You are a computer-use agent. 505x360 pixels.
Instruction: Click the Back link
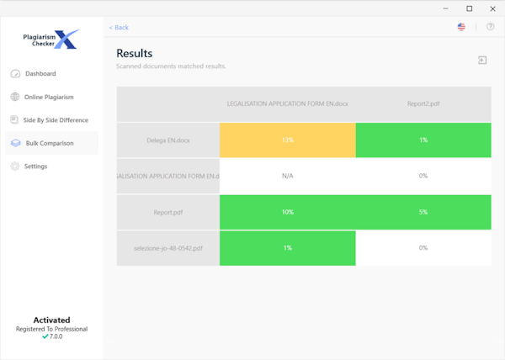coord(119,27)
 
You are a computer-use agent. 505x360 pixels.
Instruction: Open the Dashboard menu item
coord(40,74)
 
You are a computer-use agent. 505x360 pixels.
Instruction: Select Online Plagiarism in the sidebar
coord(49,97)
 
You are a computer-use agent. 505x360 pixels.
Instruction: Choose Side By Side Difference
coord(55,120)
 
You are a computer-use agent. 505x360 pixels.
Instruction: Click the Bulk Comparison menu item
coord(49,143)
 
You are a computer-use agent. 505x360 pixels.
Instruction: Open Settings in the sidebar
coord(35,167)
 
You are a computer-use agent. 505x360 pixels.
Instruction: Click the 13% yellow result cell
coord(287,140)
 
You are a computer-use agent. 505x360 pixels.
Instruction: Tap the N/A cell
coord(287,176)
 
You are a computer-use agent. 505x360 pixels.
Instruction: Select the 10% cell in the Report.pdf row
coord(287,212)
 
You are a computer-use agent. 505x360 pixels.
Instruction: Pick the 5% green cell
coord(423,212)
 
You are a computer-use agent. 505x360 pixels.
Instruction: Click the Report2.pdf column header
coord(423,103)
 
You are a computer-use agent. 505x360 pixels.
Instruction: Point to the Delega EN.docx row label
coord(168,140)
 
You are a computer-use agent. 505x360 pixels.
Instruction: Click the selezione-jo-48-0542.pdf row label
coord(168,248)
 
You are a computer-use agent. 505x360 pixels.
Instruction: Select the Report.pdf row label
coord(168,212)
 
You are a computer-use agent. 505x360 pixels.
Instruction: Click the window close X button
coord(492,8)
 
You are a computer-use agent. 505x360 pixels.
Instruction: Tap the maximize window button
coord(470,8)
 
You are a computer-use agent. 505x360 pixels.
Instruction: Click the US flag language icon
coord(461,27)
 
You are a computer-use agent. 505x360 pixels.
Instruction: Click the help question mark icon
coord(491,27)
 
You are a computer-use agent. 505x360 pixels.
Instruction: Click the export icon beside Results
coord(482,61)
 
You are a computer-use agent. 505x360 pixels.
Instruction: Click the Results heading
coord(134,54)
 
